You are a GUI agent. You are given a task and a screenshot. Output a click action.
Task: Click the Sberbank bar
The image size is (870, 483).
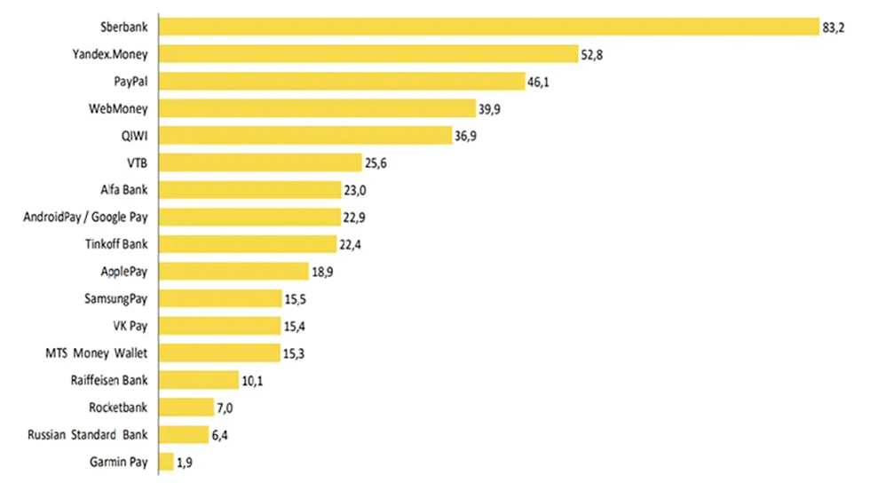click(x=488, y=27)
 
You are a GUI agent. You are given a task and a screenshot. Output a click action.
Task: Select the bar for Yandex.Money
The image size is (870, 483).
click(x=368, y=54)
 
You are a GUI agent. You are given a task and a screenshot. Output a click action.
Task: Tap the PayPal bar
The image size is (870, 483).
click(x=343, y=82)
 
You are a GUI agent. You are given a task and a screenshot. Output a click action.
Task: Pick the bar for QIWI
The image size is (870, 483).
click(x=306, y=136)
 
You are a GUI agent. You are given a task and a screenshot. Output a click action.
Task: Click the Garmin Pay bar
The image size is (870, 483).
click(x=166, y=462)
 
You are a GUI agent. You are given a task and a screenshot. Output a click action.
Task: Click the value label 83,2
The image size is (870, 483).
click(x=834, y=28)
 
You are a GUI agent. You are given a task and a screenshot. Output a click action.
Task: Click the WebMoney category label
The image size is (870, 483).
click(x=118, y=109)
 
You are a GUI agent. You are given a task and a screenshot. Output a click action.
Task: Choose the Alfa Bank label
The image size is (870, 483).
click(x=124, y=190)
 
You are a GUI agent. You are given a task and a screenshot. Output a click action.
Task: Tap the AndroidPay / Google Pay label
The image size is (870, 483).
click(x=86, y=218)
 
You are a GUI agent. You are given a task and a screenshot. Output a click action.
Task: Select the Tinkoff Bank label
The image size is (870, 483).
click(x=116, y=244)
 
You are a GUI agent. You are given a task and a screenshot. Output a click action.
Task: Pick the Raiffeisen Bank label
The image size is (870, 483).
click(x=108, y=381)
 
